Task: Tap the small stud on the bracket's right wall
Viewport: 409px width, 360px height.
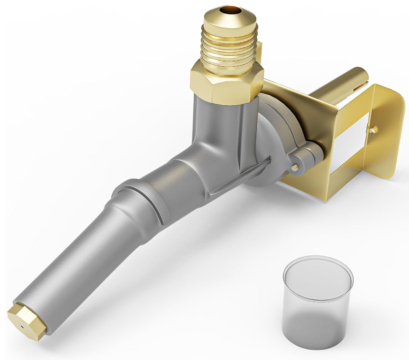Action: [373, 130]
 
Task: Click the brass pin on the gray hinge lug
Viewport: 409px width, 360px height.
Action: [294, 166]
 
